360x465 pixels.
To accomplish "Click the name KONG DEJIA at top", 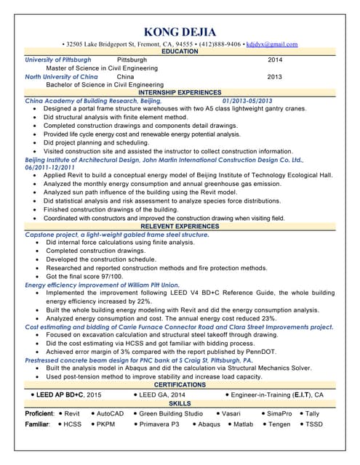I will click(180, 31).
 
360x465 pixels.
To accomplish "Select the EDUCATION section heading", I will click(180, 52).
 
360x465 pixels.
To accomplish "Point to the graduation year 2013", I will click(275, 76).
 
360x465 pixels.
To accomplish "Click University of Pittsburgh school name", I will click(58, 60).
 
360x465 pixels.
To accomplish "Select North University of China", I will click(61, 76).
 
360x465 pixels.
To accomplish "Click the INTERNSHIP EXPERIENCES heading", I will click(180, 93).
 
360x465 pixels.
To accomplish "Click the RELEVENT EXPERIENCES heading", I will click(180, 227).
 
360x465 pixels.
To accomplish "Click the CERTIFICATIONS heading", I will click(180, 385).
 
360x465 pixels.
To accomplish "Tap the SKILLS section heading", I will click(180, 403).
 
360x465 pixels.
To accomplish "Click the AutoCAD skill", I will click(110, 413).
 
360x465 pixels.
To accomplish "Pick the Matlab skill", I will click(244, 424).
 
